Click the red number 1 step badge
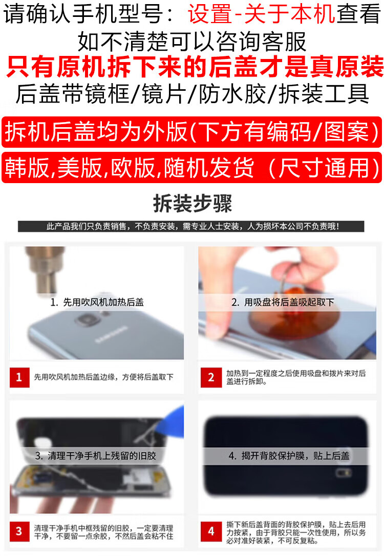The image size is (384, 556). point(19,377)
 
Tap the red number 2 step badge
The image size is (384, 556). point(210,378)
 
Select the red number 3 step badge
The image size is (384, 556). point(19,531)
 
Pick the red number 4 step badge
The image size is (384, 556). point(211,531)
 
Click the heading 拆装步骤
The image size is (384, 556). point(192,204)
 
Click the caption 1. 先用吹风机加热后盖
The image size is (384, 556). point(97,302)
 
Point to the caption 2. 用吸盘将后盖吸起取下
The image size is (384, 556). point(283,302)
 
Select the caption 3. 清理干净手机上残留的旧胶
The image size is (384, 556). point(95,455)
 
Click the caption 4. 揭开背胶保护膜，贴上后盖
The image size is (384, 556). point(289,455)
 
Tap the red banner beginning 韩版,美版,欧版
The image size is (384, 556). point(192,167)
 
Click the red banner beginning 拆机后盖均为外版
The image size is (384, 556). point(192,132)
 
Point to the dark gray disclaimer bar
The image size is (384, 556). point(191,226)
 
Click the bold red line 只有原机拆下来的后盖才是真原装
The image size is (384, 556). point(195,66)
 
